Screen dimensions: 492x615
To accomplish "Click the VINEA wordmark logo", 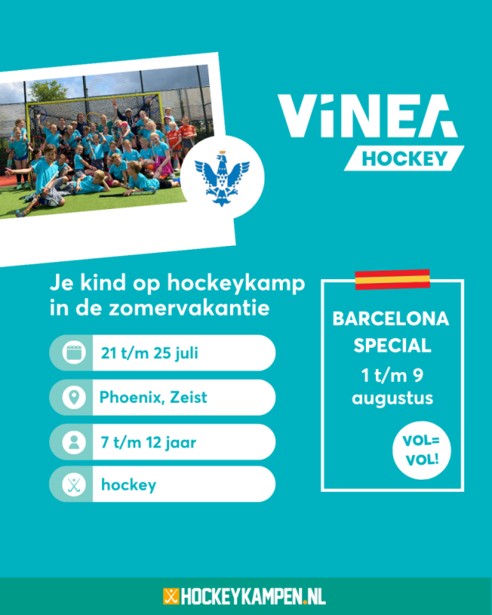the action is pos(367,116).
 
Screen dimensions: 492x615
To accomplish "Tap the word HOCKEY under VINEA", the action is pos(404,159).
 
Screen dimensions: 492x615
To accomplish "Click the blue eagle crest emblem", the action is pos(222,178).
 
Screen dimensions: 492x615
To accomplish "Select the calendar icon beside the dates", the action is pos(74,353).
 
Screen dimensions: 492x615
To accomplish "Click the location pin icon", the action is pos(74,397).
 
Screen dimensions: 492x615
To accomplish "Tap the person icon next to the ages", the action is pos(74,442).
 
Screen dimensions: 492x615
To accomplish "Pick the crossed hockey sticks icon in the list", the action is pos(74,484).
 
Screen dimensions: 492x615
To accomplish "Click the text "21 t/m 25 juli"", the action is pos(149,353).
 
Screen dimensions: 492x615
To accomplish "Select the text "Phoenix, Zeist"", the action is pos(153,397).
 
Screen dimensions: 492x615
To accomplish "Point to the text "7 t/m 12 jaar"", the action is pos(148,443).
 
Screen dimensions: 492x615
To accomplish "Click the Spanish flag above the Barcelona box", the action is pos(392,280).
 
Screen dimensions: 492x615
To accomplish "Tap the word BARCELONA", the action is pos(391,319).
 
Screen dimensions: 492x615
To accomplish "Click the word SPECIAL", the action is pos(392,345).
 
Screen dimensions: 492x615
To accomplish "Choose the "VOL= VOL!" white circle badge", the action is pos(422,450).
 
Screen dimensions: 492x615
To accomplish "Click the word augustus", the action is pos(392,399).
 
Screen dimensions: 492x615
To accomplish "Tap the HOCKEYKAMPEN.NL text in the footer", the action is pos(253,597).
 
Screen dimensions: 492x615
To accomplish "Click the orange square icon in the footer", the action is pos(171,597).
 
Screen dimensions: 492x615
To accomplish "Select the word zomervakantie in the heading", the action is pos(189,308).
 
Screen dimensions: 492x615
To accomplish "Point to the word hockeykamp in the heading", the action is pos(236,284).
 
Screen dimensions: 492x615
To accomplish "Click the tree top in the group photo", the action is pos(48,90).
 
